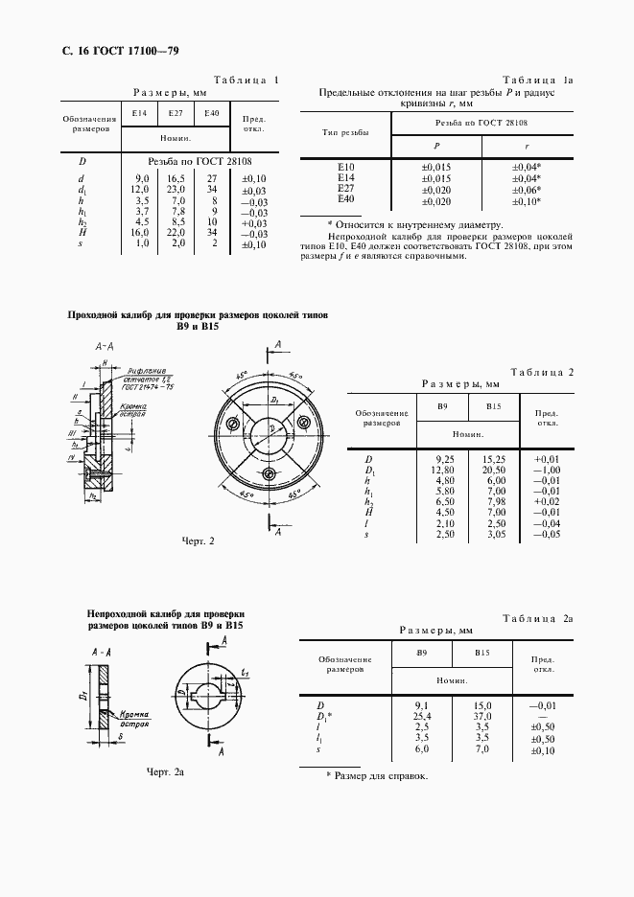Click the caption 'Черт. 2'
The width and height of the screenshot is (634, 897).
point(198,542)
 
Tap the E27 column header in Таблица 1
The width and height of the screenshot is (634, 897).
point(175,114)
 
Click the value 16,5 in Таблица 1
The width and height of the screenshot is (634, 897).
point(176,178)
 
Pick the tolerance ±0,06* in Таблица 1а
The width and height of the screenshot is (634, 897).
point(527,190)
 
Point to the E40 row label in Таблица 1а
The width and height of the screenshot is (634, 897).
point(346,200)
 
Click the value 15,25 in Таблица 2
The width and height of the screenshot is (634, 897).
point(494,459)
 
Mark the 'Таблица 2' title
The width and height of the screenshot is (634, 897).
point(541,372)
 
